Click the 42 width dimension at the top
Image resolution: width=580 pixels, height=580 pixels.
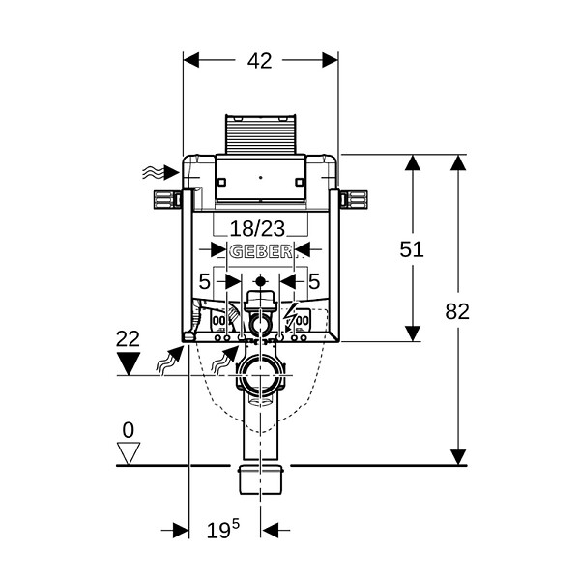[x=260, y=61]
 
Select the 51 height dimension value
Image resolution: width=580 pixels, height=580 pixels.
[x=412, y=249]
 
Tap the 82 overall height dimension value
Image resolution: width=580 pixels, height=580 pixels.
[x=457, y=311]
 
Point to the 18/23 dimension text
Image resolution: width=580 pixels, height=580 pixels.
[x=257, y=228]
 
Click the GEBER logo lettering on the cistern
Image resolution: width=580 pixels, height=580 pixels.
[x=260, y=252]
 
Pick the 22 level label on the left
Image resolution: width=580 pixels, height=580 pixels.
[x=128, y=338]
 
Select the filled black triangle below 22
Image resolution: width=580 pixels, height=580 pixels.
[x=129, y=363]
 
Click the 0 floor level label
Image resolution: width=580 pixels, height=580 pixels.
[x=128, y=430]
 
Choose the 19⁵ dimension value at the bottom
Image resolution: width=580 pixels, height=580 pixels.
[x=222, y=530]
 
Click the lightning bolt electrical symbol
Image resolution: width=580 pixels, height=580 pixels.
[x=290, y=314]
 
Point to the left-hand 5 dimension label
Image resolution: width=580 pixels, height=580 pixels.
[x=205, y=282]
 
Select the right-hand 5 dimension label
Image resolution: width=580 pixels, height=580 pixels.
[x=313, y=282]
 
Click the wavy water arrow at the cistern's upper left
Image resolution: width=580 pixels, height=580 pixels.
[x=160, y=172]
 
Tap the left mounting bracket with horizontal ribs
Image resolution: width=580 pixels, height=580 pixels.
[x=167, y=200]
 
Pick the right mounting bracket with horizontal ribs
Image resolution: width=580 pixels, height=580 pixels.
[x=354, y=200]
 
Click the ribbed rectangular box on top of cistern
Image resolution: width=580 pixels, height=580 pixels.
[x=261, y=134]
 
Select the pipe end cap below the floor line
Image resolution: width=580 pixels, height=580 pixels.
[x=261, y=479]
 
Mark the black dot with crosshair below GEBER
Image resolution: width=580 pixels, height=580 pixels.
[x=261, y=282]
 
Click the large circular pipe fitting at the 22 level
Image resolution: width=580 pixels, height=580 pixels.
[x=261, y=375]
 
